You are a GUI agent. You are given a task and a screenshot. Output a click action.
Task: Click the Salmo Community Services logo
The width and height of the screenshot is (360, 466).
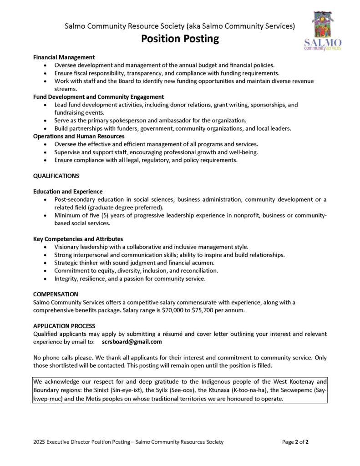click(323, 30)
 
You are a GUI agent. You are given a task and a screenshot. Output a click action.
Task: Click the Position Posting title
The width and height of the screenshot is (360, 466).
click(180, 39)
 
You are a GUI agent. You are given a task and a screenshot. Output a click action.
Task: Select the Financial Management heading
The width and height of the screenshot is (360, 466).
click(64, 57)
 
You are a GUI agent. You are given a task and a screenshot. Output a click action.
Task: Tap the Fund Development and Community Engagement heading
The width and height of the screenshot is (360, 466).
click(99, 97)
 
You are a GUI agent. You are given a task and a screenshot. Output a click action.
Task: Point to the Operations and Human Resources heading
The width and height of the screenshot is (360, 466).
click(79, 136)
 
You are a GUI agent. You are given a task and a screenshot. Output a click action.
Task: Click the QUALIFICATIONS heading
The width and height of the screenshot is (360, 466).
click(56, 176)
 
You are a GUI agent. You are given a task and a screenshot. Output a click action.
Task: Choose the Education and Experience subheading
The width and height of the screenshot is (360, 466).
click(68, 192)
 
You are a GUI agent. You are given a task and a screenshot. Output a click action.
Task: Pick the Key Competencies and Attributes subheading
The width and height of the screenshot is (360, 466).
click(78, 239)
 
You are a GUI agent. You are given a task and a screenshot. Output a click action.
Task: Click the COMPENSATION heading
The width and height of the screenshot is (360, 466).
click(56, 294)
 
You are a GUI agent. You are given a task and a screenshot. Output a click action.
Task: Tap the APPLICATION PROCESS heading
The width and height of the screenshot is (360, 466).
click(64, 326)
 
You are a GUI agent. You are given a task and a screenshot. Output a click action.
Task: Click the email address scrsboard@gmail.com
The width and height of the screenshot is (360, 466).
click(132, 342)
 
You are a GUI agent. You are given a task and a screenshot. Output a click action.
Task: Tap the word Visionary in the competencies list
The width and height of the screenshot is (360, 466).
click(67, 247)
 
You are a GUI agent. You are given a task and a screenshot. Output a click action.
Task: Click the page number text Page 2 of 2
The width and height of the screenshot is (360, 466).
click(295, 442)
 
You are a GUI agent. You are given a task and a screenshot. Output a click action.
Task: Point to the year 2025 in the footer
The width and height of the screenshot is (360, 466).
click(40, 442)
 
